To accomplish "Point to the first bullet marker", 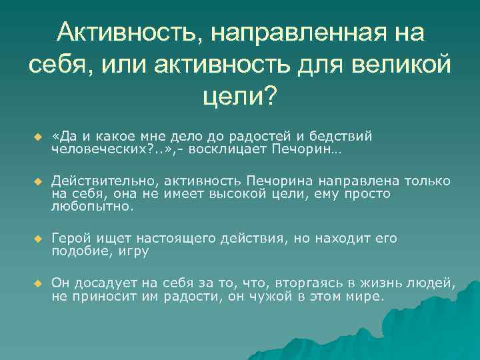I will pos(38,137).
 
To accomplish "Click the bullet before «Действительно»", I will pos(38,182).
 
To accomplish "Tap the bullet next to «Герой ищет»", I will pos(38,239).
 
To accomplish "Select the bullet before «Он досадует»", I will pos(38,284).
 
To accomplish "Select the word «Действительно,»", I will pos(106,181).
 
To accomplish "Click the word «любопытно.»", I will pos(93,207).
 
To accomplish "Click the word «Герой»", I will pos(72,238).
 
